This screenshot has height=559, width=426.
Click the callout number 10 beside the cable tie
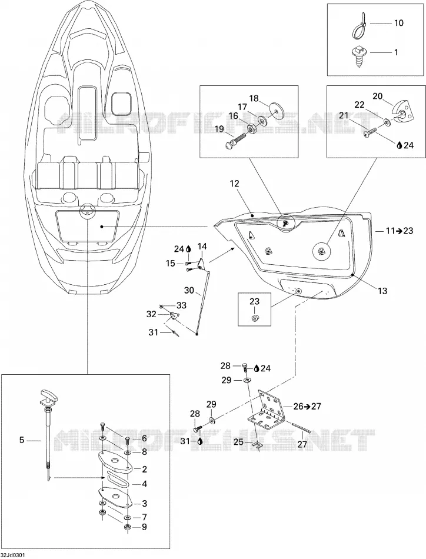click(x=398, y=23)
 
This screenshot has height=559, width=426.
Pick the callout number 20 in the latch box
click(x=378, y=96)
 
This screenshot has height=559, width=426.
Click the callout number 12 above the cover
click(x=235, y=184)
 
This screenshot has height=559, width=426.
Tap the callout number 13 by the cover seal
click(x=382, y=291)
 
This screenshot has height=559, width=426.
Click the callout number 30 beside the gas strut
click(x=189, y=290)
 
